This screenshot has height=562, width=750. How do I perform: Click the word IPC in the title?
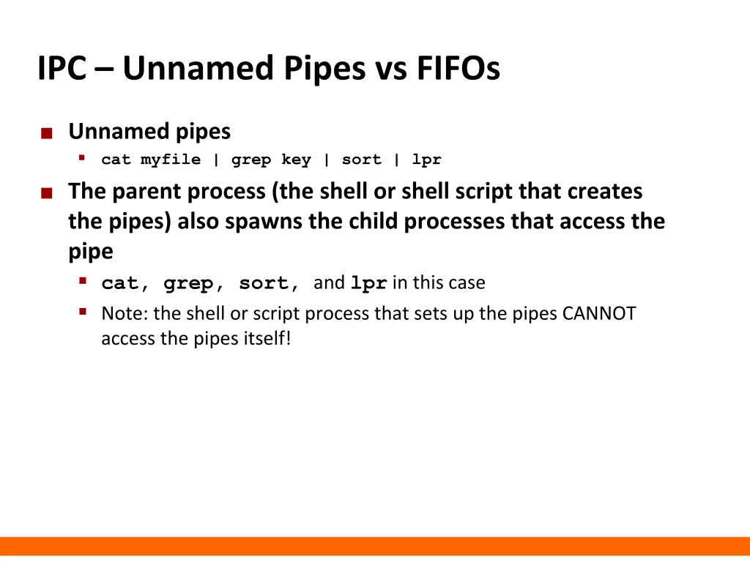click(62, 69)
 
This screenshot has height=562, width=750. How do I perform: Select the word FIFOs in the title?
click(458, 69)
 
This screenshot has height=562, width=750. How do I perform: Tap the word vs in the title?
click(391, 69)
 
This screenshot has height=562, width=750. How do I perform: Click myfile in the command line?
click(170, 160)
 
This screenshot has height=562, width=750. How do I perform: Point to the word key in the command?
click(296, 160)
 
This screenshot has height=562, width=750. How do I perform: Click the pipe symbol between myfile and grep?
click(216, 160)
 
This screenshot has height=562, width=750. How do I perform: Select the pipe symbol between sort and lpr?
click(396, 160)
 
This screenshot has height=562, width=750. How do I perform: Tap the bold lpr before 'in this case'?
click(368, 283)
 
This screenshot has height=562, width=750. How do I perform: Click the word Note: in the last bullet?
click(125, 314)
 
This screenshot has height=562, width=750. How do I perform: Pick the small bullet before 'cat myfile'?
click(83, 158)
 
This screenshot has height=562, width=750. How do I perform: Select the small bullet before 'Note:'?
click(83, 312)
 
